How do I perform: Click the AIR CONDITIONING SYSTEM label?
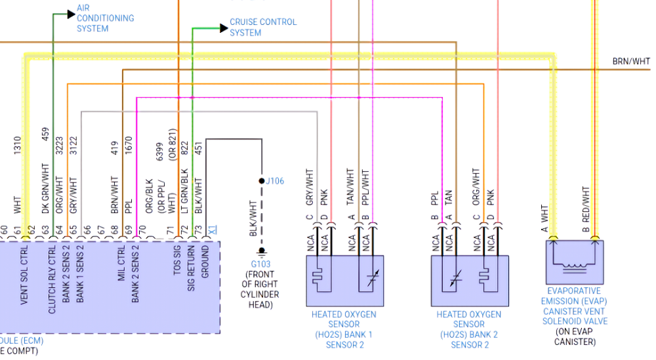(105, 18)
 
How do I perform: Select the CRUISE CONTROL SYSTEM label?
(262, 27)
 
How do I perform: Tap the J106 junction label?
(275, 181)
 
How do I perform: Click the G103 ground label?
(260, 264)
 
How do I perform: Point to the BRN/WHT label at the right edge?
(631, 62)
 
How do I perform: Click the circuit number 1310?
(18, 146)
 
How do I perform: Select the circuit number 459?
(45, 134)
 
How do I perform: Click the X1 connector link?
(212, 230)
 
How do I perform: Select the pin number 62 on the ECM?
(31, 230)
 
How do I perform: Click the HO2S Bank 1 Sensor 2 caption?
(344, 329)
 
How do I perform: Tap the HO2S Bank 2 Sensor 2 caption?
(468, 329)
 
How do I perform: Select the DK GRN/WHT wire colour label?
(45, 190)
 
